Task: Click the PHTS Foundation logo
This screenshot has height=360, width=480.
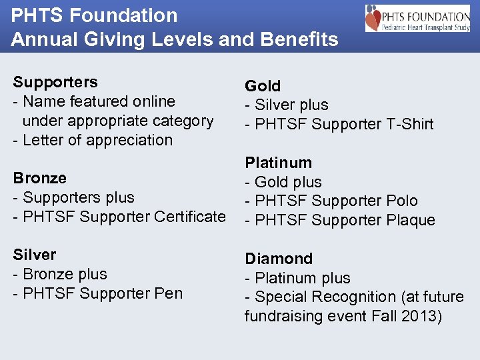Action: coord(417,18)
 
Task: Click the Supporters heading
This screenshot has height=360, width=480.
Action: coord(55,82)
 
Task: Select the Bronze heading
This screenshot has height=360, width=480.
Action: coord(40,178)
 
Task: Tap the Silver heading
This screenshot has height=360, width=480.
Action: coord(35,255)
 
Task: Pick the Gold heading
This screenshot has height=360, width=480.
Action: coord(263,86)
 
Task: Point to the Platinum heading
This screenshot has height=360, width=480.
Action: coord(278,163)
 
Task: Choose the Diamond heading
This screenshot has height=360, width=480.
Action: coord(278,259)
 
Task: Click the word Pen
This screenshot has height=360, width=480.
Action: coord(169,293)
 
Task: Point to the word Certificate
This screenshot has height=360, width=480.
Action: coord(190,217)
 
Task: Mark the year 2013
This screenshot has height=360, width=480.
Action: coord(421,316)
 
